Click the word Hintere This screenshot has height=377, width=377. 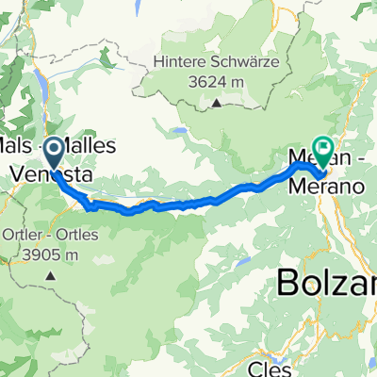point(186,64)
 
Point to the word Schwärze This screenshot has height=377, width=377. point(248,64)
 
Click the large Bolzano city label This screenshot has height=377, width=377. point(326,281)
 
